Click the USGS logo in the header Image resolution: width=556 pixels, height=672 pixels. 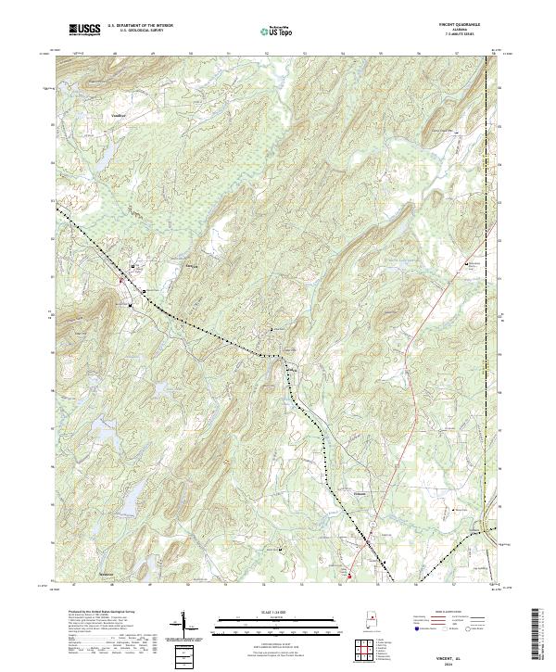pos(84,30)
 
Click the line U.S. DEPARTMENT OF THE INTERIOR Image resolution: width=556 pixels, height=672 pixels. pos(140,26)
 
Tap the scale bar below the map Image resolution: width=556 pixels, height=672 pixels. pos(267,623)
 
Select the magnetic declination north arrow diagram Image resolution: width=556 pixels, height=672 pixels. pos(184,627)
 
